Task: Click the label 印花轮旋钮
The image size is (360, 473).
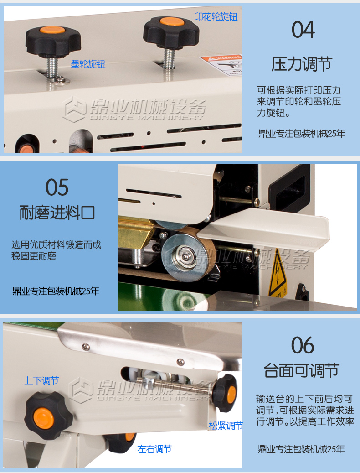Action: click(x=216, y=16)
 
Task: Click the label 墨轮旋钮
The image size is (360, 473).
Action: click(x=88, y=64)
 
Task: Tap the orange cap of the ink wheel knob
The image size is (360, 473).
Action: click(x=53, y=30)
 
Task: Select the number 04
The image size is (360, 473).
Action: click(x=303, y=30)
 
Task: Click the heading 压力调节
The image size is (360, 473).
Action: click(x=302, y=64)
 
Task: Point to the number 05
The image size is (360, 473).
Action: click(x=57, y=187)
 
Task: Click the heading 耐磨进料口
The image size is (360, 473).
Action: click(x=57, y=213)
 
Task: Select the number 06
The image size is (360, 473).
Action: click(x=303, y=346)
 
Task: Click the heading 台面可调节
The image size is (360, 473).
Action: click(x=302, y=370)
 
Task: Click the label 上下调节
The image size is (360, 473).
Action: click(x=41, y=380)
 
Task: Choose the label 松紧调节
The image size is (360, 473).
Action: click(x=226, y=426)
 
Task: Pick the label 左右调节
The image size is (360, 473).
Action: click(x=154, y=449)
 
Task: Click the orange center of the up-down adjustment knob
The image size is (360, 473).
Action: click(x=43, y=418)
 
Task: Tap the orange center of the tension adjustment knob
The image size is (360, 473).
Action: click(x=232, y=393)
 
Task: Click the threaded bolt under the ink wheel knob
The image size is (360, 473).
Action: click(x=52, y=68)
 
